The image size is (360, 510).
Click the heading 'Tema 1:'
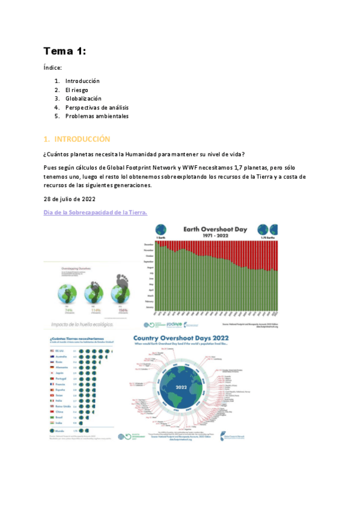[x=64, y=52]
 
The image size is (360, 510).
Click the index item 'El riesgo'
[x=76, y=90]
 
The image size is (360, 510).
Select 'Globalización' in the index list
[x=83, y=99]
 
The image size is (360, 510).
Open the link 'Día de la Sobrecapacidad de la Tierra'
[x=96, y=212]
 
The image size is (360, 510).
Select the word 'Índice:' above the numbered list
[x=53, y=69]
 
